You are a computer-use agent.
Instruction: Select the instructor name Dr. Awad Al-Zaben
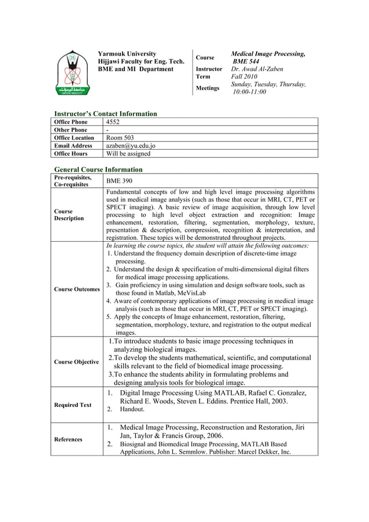(257, 69)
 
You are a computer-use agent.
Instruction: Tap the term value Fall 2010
(246, 76)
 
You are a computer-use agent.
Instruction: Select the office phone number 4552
(113, 122)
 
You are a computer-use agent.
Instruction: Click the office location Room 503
(119, 138)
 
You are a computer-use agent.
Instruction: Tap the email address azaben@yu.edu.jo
(130, 146)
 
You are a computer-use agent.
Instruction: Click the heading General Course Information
(98, 169)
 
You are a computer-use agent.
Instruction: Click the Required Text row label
(72, 405)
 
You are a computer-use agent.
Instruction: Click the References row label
(68, 439)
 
